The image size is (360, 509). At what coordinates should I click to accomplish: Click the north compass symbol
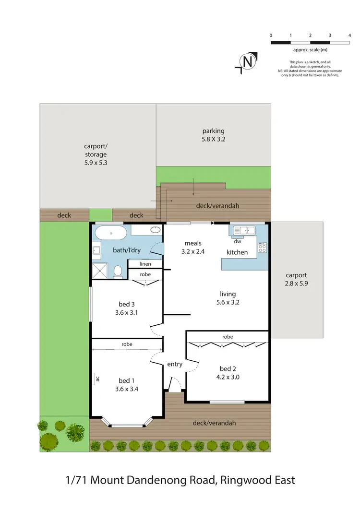point(247,62)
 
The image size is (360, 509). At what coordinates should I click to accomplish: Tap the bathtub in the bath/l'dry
point(110,234)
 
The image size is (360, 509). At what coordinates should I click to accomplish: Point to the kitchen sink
point(244,230)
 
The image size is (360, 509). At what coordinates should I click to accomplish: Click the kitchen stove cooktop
point(262,248)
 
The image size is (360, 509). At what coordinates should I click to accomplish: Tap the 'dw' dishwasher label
point(237,241)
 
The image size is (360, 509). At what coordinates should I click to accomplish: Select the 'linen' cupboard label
point(145,264)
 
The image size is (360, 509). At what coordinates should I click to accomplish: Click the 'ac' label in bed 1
point(97,378)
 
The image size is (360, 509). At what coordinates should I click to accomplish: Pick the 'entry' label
point(175,364)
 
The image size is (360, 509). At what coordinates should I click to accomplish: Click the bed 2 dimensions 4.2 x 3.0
point(229,377)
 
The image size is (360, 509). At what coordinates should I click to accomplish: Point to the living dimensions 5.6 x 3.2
point(228,302)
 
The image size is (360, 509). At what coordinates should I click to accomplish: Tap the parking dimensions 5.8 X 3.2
point(213,140)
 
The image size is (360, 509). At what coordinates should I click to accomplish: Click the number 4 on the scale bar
point(349,36)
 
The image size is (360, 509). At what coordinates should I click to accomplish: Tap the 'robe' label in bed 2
point(228,337)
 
